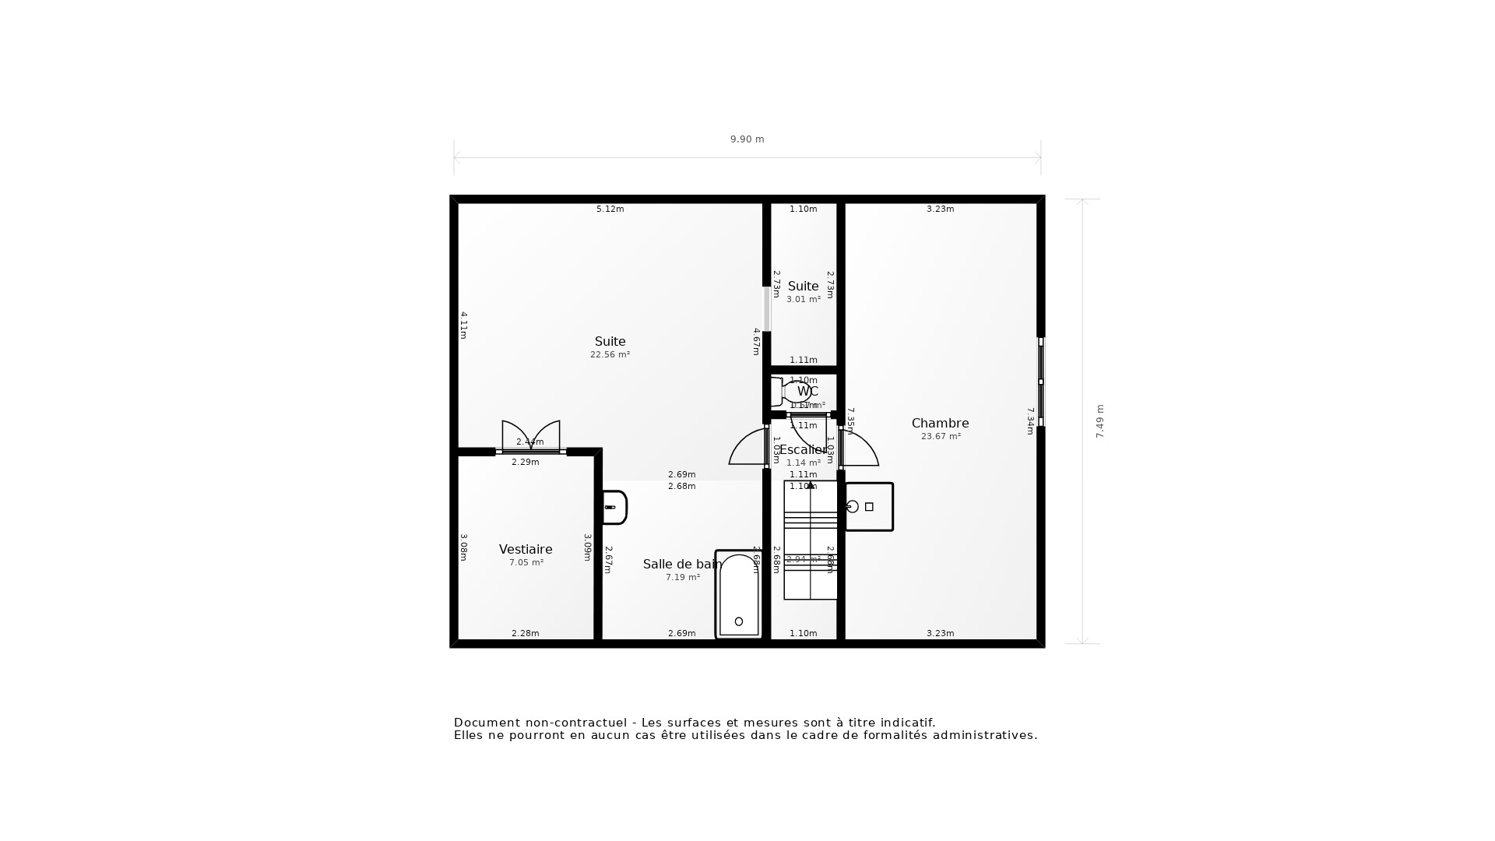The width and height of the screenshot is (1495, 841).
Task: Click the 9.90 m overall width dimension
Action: pos(747,139)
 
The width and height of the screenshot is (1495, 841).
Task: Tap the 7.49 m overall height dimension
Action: pos(1100,421)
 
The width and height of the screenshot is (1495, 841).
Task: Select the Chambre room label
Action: pos(940,424)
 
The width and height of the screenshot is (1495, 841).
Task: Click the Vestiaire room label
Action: pos(526,550)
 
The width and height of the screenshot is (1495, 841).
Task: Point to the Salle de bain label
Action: pos(682,565)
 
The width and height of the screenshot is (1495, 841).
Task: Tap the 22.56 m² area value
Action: pos(610,355)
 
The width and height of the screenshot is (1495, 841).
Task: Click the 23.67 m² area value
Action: pos(941,437)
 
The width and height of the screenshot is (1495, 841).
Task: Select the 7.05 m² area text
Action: pos(526,563)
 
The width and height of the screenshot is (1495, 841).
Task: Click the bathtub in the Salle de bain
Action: pos(738,596)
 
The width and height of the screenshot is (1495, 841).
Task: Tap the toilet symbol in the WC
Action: pos(790,392)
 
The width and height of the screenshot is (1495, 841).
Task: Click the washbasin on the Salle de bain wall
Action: pos(614,508)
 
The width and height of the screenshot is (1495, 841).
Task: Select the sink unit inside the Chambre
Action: pos(869,507)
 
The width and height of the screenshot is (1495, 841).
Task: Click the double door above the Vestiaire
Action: pos(531,437)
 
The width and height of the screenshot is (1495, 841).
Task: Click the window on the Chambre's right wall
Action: pos(1041,382)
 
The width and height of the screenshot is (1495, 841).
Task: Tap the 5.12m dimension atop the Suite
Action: pos(610,209)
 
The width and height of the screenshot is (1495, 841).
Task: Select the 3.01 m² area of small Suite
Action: pos(803,300)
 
